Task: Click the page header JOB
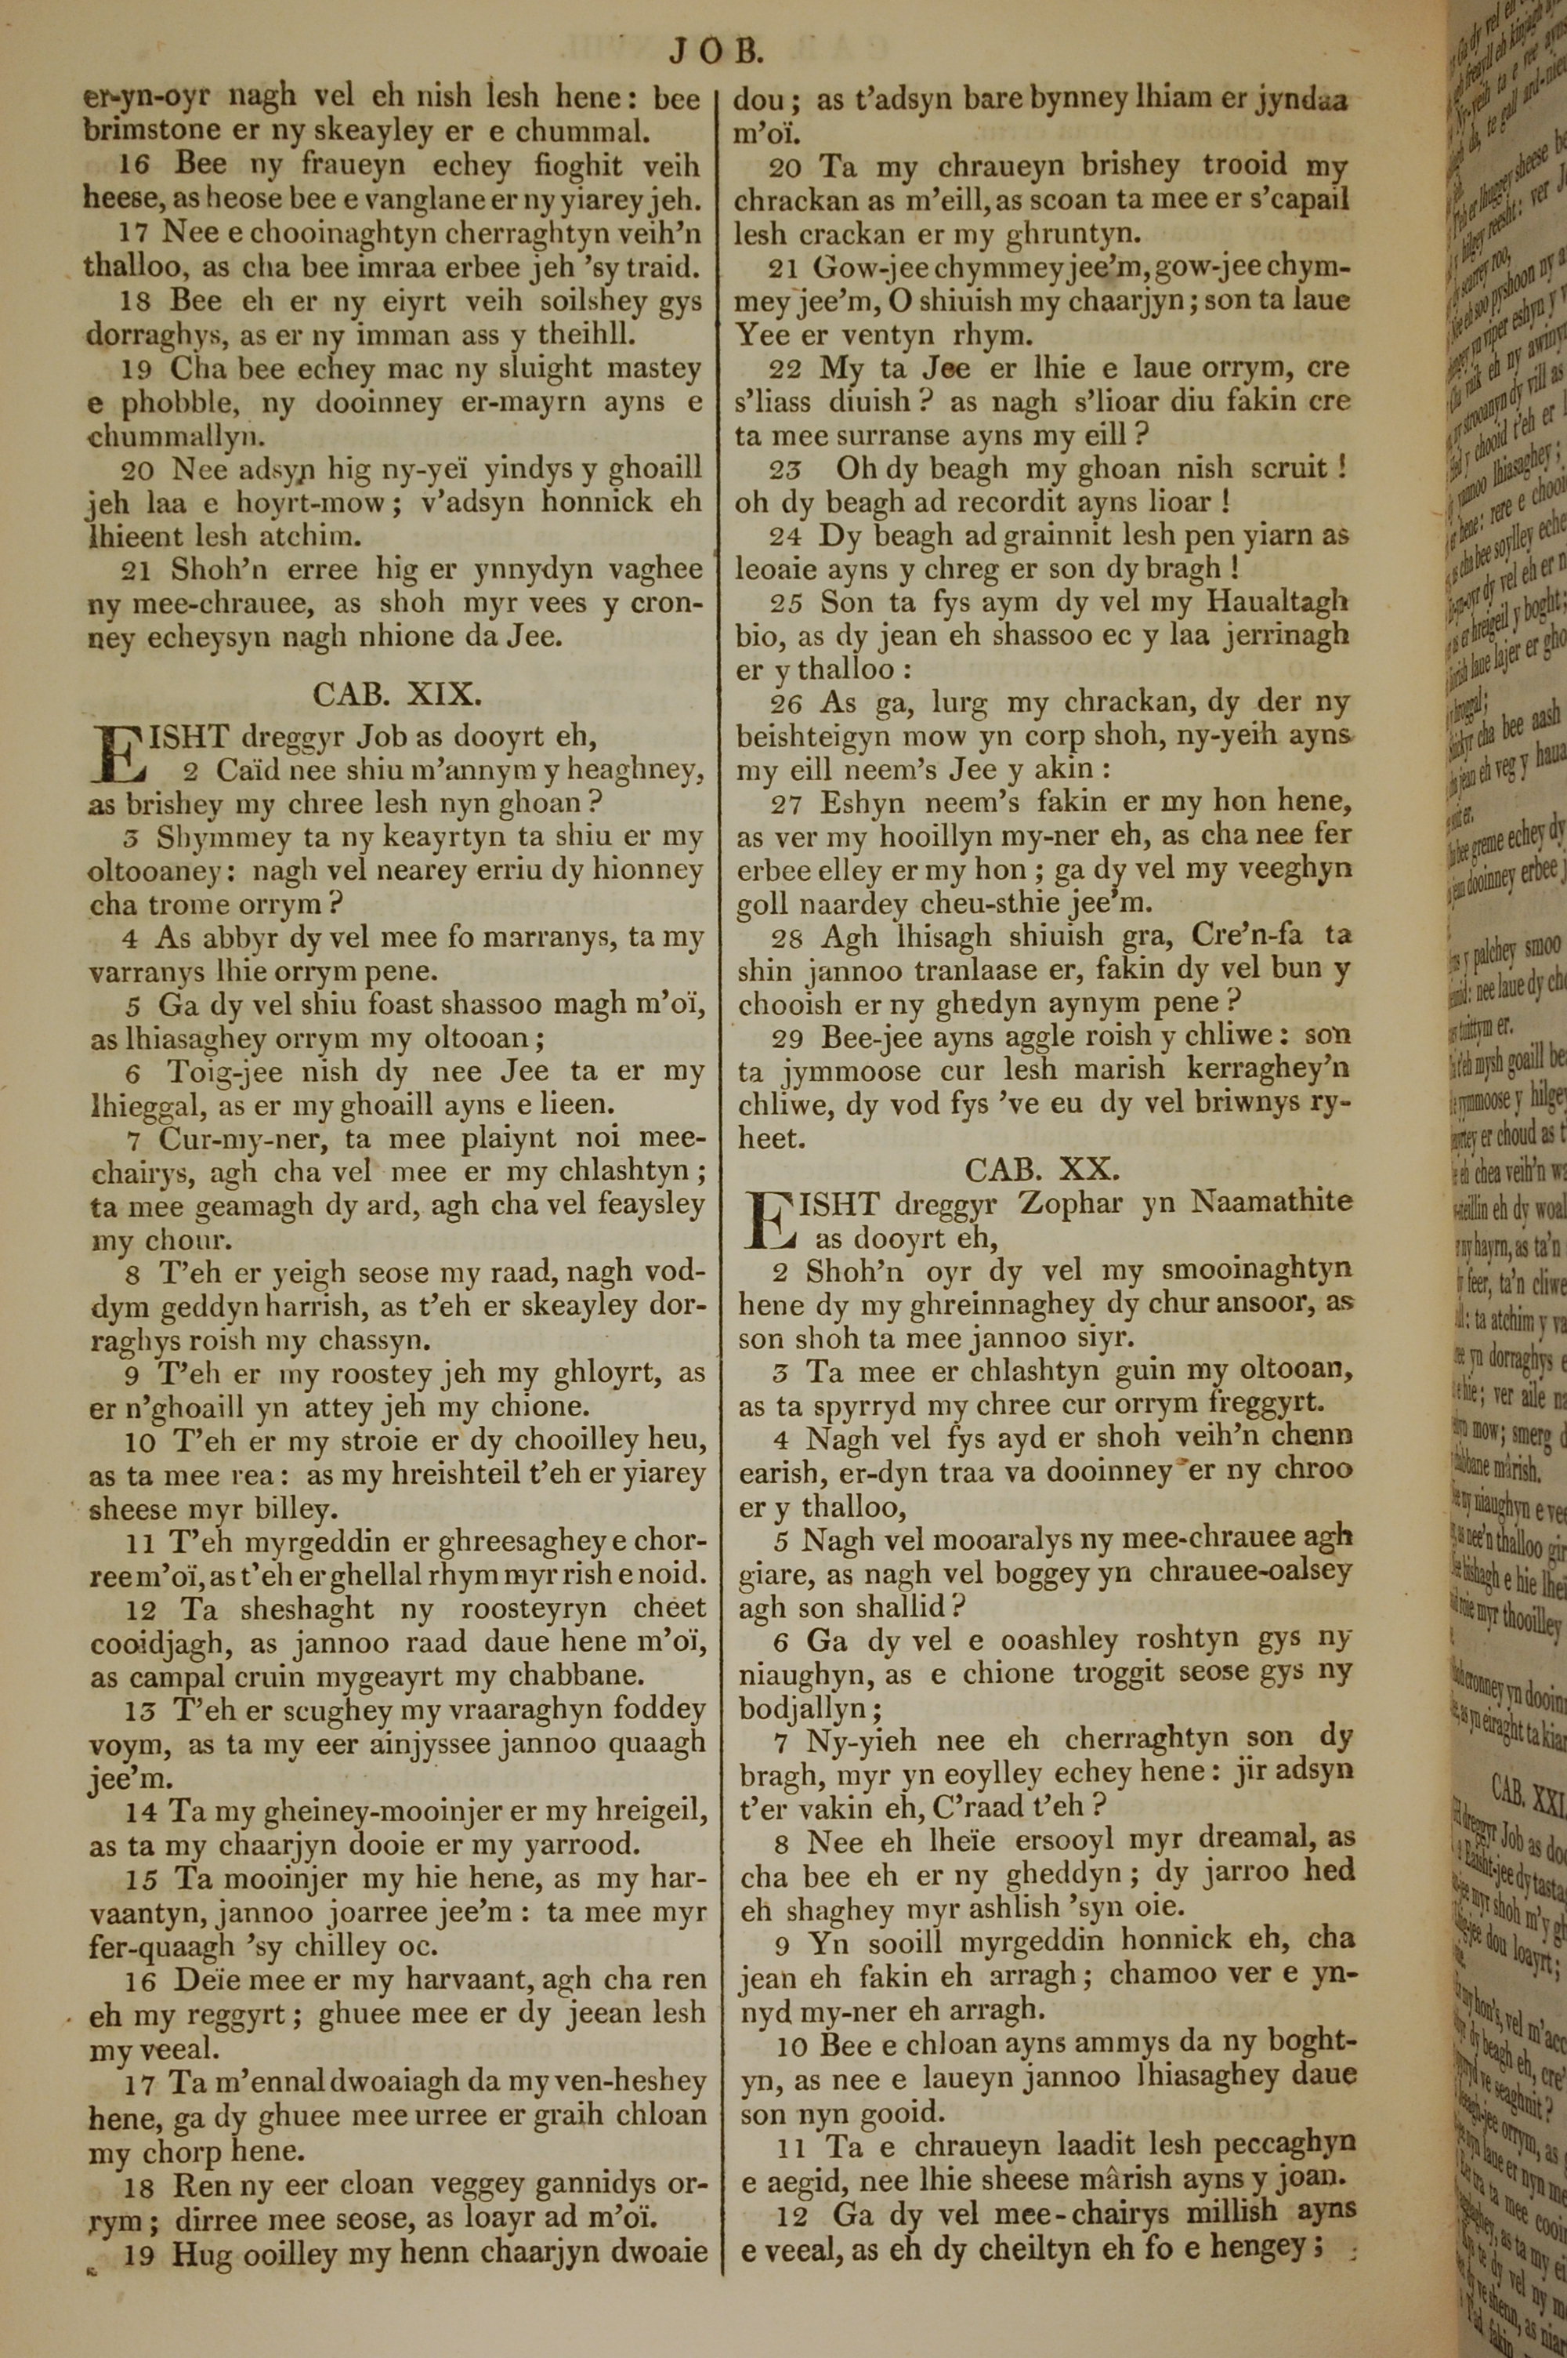click(x=715, y=51)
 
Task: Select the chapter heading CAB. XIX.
click(x=398, y=694)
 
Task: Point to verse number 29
click(x=790, y=1039)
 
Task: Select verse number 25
click(x=788, y=603)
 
